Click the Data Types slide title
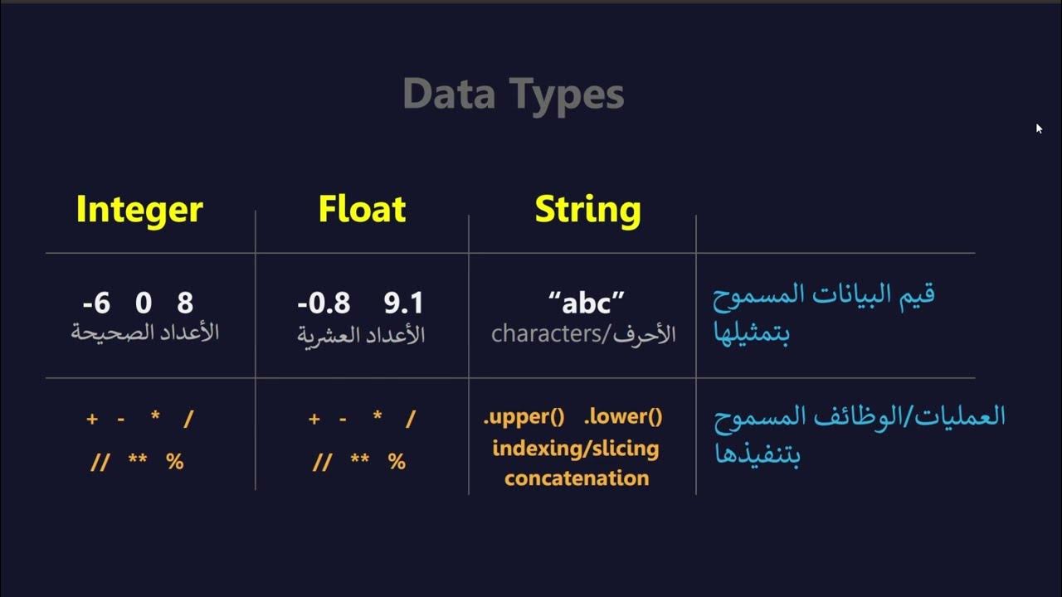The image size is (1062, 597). pyautogui.click(x=513, y=95)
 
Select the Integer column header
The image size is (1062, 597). pyautogui.click(x=139, y=209)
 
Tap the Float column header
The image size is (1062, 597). pyautogui.click(x=362, y=209)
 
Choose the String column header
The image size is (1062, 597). pyautogui.click(x=587, y=209)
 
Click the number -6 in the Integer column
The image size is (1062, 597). pyautogui.click(x=96, y=303)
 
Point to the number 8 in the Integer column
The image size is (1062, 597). pyautogui.click(x=185, y=303)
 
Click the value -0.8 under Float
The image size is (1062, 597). pyautogui.click(x=324, y=303)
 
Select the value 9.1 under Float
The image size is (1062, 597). pyautogui.click(x=404, y=303)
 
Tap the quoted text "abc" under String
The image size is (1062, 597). pyautogui.click(x=587, y=303)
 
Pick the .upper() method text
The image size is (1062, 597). pyautogui.click(x=526, y=416)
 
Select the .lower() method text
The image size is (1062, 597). pyautogui.click(x=623, y=416)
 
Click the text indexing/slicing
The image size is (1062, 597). pyautogui.click(x=575, y=449)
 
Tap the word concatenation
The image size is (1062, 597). pyautogui.click(x=577, y=478)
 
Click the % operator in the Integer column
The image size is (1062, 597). pyautogui.click(x=174, y=462)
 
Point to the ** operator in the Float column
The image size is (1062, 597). pyautogui.click(x=360, y=462)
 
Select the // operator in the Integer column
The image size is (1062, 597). pyautogui.click(x=100, y=462)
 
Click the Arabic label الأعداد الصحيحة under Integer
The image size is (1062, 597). pyautogui.click(x=144, y=333)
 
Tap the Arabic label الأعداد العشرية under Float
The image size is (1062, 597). pyautogui.click(x=361, y=334)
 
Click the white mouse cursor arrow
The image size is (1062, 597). pyautogui.click(x=1039, y=129)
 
